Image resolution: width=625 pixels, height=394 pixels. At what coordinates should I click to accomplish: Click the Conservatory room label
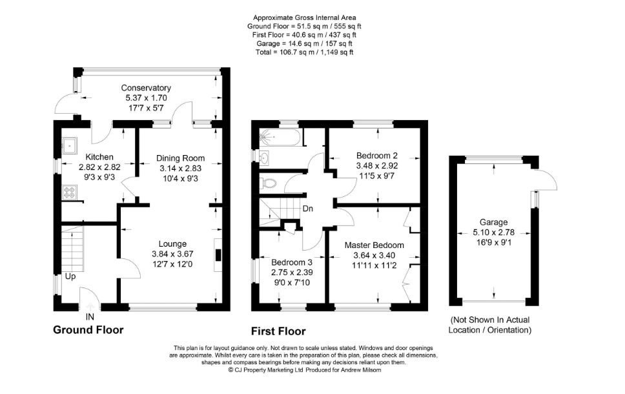tap(146, 88)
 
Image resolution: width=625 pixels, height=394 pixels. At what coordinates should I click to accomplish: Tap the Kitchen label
tap(99, 157)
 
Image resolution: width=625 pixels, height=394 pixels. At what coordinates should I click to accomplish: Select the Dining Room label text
tap(180, 158)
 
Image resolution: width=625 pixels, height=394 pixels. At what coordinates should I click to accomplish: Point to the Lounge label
tap(172, 244)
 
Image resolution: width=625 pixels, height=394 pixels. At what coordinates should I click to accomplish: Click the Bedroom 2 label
tap(376, 156)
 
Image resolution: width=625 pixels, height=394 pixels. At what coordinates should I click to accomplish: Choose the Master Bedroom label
tap(374, 245)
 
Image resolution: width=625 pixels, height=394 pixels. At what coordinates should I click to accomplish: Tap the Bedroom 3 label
tap(292, 262)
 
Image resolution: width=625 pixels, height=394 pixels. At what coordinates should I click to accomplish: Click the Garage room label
tap(493, 222)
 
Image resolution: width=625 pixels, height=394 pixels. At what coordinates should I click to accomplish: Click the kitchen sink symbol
tap(70, 146)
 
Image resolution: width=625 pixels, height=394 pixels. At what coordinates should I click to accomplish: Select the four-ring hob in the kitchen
tap(70, 192)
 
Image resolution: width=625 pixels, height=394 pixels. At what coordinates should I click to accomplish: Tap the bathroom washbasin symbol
tap(264, 158)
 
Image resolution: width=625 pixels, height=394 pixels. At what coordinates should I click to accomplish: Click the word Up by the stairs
tap(70, 276)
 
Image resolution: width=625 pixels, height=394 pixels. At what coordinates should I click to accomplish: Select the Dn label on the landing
tap(308, 209)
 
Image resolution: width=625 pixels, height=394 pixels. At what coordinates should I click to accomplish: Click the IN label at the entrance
tap(90, 316)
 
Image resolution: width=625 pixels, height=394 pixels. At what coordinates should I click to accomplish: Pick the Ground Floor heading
tap(88, 330)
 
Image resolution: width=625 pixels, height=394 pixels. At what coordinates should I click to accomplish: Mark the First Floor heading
tap(278, 331)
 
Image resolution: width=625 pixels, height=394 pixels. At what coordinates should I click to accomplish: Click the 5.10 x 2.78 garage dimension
tap(493, 232)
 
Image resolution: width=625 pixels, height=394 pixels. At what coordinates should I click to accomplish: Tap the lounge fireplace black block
tap(218, 255)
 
